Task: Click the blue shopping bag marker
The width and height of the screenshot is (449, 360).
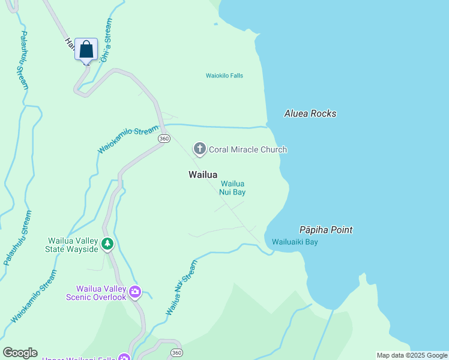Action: click(86, 49)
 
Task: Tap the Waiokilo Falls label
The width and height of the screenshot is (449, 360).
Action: click(224, 76)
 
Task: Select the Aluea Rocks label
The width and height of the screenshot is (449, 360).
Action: click(310, 113)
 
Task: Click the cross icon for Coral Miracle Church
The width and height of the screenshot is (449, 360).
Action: click(199, 149)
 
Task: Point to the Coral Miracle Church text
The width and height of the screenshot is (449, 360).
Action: click(248, 149)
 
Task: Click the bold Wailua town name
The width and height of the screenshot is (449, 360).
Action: click(202, 175)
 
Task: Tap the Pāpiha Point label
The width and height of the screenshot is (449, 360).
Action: click(326, 230)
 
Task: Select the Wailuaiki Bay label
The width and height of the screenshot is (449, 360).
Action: click(295, 242)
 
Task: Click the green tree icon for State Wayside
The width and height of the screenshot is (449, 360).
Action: click(107, 244)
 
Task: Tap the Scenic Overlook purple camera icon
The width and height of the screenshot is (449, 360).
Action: click(134, 292)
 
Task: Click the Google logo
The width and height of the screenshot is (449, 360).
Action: click(19, 353)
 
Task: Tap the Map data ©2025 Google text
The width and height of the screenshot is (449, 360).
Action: click(412, 355)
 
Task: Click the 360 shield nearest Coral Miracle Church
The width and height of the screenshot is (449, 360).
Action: click(164, 139)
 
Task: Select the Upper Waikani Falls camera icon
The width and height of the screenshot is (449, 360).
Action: click(124, 358)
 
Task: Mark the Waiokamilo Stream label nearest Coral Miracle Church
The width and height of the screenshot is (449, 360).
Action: click(128, 139)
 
